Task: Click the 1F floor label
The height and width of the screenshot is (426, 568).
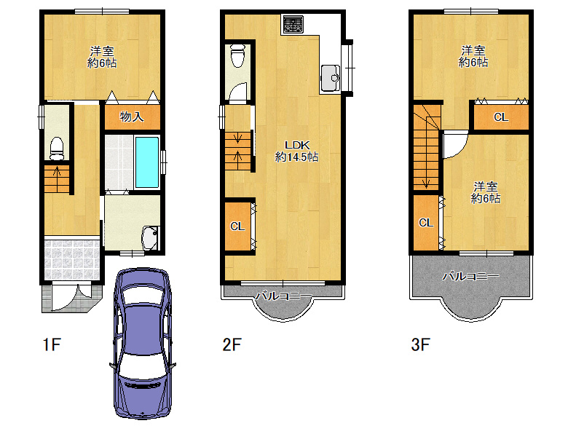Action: (52, 344)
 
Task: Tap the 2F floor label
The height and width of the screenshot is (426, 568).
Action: (232, 344)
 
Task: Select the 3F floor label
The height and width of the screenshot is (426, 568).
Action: (421, 344)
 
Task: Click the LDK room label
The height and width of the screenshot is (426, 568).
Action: (297, 145)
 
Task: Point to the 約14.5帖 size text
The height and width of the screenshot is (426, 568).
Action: (296, 157)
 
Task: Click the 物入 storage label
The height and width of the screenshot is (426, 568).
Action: (132, 117)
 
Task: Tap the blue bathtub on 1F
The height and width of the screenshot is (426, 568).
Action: (146, 162)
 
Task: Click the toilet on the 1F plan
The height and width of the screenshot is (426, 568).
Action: (57, 148)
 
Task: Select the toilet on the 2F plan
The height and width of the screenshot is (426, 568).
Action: (238, 55)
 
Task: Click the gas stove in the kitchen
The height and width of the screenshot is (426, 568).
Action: (293, 24)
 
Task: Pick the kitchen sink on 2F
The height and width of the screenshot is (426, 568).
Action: (330, 78)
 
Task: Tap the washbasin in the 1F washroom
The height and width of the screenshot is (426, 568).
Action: (150, 238)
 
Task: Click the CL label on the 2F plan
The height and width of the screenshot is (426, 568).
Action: (237, 226)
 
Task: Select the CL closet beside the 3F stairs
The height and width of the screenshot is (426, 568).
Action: (426, 223)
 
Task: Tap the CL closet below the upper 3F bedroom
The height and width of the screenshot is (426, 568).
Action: (501, 117)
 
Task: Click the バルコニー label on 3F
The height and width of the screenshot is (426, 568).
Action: (470, 277)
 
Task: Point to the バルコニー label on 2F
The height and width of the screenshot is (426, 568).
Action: (283, 296)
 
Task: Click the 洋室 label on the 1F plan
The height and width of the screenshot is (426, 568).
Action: (102, 51)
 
